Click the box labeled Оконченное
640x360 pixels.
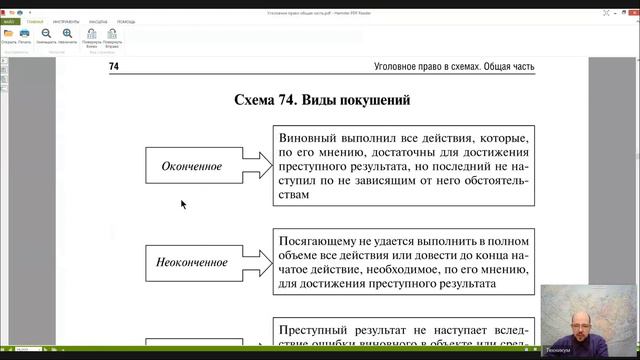192,166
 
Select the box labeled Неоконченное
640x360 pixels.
192,263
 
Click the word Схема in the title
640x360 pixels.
262,101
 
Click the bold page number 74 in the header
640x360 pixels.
113,66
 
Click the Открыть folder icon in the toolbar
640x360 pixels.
9,33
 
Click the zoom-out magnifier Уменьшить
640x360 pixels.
46,33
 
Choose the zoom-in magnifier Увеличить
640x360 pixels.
67,33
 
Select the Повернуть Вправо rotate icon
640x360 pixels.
112,33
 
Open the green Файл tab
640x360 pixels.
10,20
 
